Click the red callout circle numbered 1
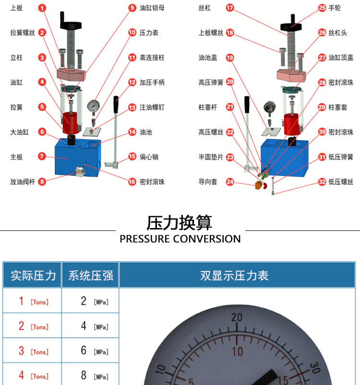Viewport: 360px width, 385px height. coord(42,8)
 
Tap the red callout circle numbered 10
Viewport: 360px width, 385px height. coord(132,33)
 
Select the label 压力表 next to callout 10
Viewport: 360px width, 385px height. coord(149,33)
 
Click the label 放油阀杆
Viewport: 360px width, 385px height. coord(23,181)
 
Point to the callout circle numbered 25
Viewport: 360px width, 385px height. coord(322,8)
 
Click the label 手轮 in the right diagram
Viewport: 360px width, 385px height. coord(335,8)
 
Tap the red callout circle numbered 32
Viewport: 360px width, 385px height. coord(322,181)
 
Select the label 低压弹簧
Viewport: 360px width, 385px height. coord(341,157)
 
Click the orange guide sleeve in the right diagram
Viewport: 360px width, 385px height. coord(258,185)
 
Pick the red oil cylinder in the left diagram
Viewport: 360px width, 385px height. coord(71,123)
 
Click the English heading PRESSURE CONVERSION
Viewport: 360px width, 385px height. coord(180,239)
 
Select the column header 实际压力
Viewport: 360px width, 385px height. coord(33,276)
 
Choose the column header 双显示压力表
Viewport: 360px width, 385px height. coord(234,276)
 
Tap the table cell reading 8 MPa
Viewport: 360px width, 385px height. coord(90,375)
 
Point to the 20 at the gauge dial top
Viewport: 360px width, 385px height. coord(237,317)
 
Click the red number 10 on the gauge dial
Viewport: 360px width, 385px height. coord(238,351)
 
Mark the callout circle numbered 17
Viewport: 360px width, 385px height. coord(229,8)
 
